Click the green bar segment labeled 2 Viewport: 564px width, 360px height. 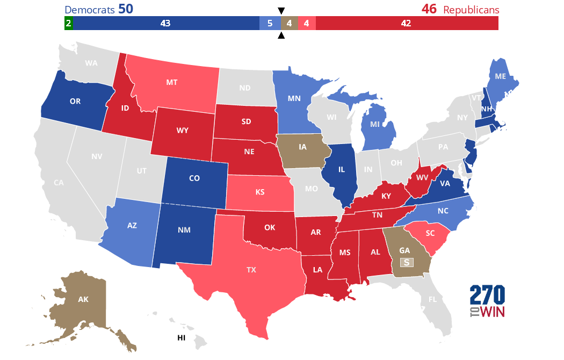68,23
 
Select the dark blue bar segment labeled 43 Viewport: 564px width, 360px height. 165,23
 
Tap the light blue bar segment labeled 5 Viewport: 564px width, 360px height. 270,23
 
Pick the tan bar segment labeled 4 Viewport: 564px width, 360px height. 289,23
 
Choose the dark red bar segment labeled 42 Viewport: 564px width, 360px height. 406,23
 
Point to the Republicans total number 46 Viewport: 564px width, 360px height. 429,10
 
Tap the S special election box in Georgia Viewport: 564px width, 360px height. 407,262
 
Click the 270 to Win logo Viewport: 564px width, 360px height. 487,301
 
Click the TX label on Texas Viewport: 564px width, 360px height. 251,270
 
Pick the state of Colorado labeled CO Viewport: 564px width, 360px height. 194,178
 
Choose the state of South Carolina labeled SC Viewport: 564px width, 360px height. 429,234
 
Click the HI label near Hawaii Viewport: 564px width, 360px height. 182,338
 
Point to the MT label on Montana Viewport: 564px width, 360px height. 172,82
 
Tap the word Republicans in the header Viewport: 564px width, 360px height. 471,10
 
